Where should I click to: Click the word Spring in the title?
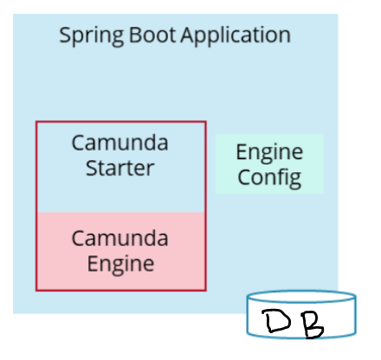(87, 36)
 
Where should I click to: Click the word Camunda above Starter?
(119, 143)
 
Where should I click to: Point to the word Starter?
(119, 167)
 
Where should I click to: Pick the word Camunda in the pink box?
(119, 237)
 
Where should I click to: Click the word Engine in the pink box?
(119, 262)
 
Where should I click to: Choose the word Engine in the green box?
(269, 153)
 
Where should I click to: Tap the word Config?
(269, 178)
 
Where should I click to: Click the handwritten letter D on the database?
(281, 323)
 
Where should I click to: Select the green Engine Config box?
(269, 164)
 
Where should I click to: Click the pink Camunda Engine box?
(120, 250)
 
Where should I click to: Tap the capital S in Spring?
(64, 35)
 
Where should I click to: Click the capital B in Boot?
(128, 35)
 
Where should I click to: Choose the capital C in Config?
(244, 178)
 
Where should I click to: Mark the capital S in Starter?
(91, 167)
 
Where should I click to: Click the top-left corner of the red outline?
(36, 122)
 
